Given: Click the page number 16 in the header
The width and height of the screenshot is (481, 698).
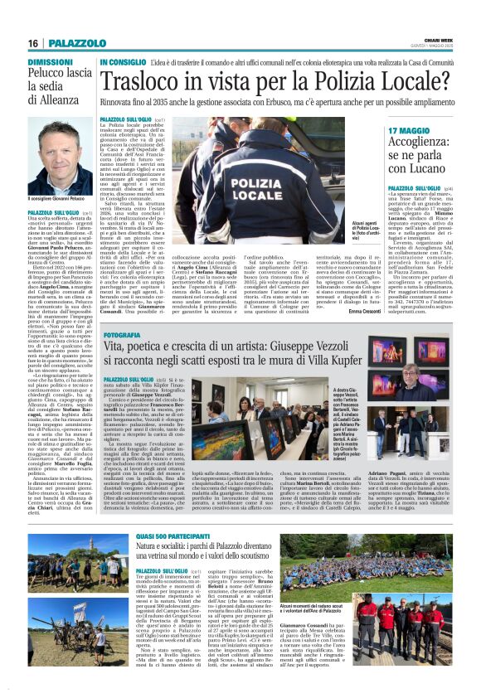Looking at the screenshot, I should click(33, 43).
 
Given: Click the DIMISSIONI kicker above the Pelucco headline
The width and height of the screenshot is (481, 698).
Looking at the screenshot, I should click(51, 62).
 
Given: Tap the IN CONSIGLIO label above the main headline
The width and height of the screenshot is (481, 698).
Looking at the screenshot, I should click(124, 62).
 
